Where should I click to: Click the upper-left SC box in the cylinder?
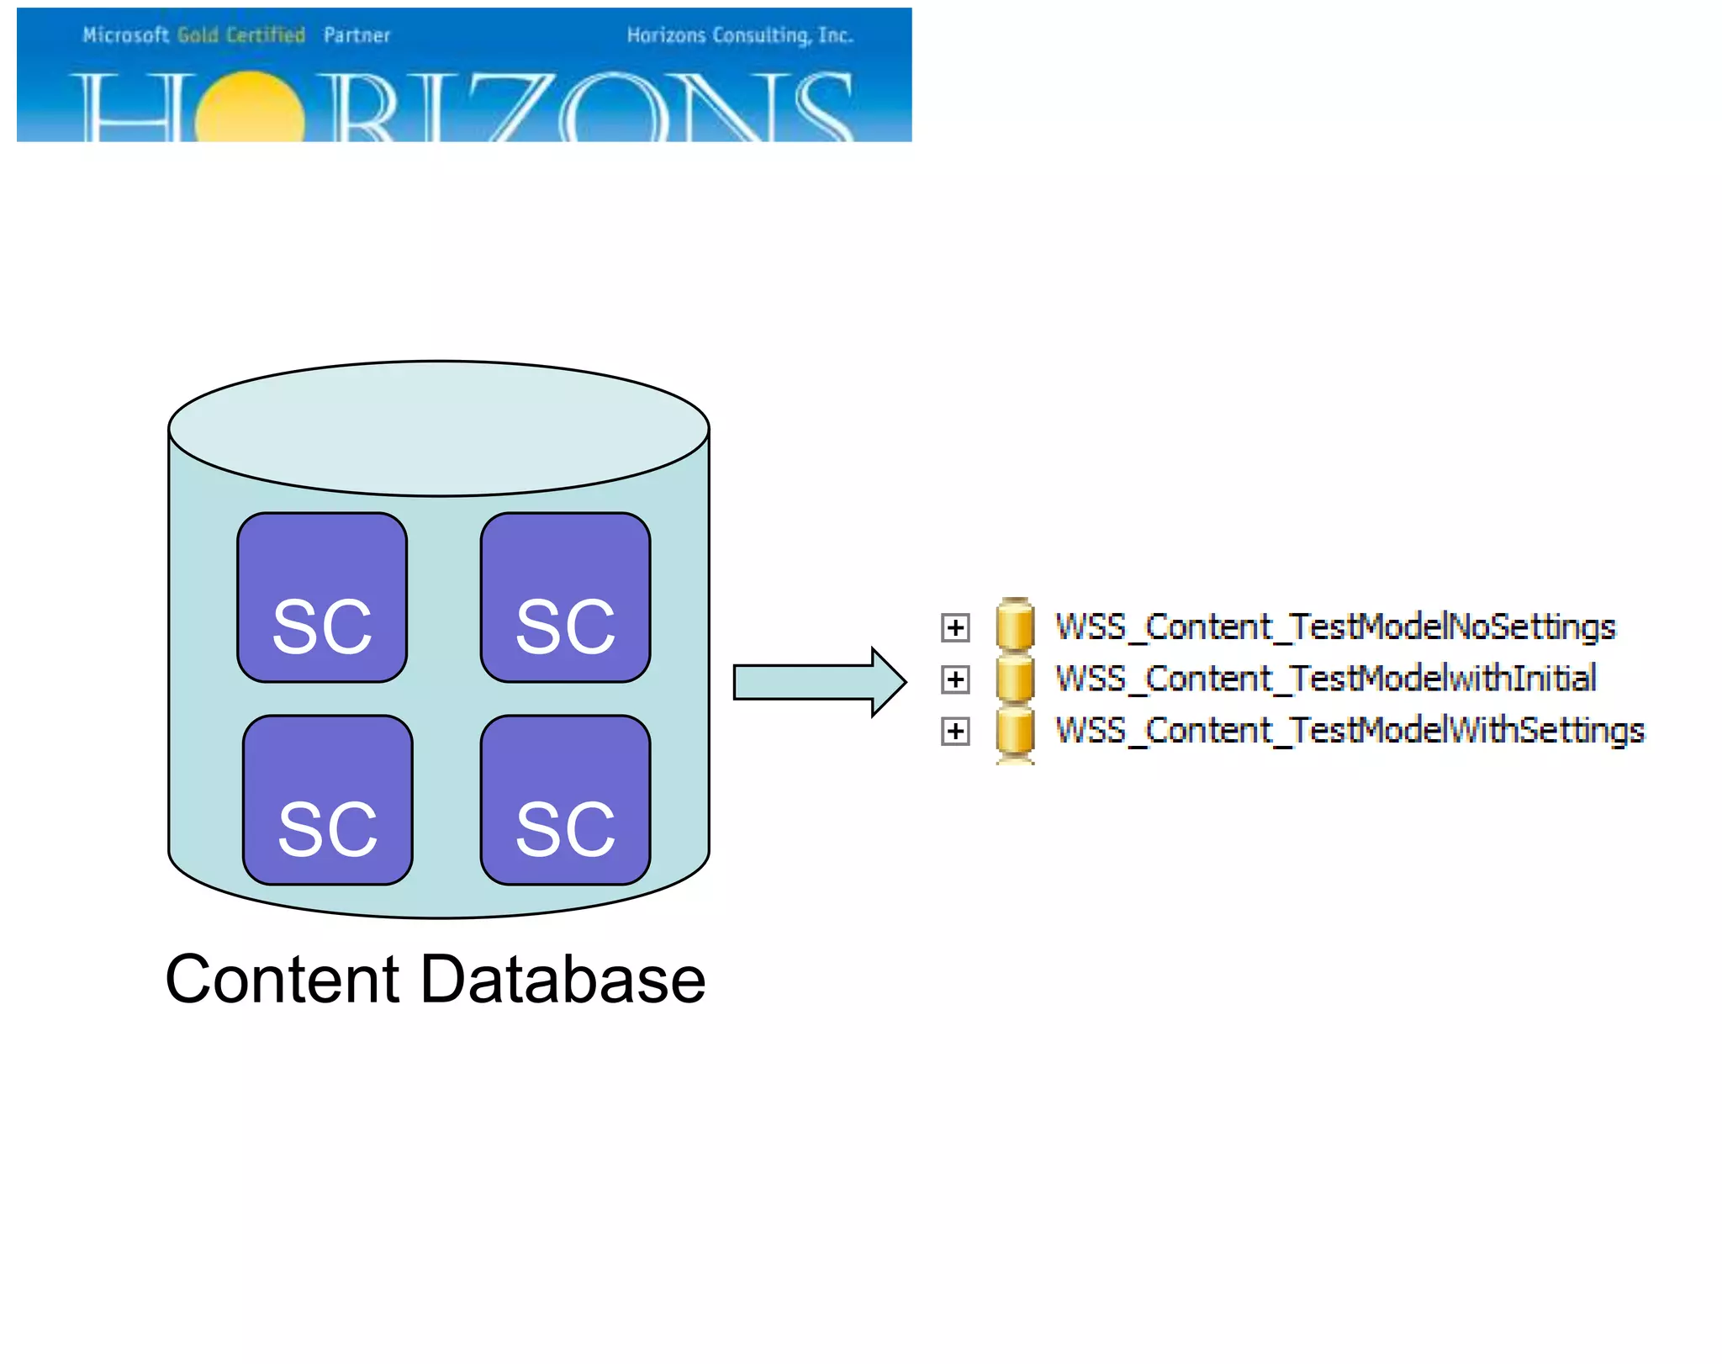(x=322, y=597)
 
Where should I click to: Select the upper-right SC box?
(x=565, y=597)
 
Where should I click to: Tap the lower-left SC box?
(x=327, y=800)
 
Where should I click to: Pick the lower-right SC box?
(x=565, y=800)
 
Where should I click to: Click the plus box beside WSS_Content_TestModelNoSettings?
(x=955, y=627)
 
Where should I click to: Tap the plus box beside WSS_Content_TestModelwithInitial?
(x=955, y=679)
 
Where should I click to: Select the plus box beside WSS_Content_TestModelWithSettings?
(x=955, y=731)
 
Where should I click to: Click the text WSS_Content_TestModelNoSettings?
(x=1335, y=627)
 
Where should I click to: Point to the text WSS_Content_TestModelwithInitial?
(x=1326, y=679)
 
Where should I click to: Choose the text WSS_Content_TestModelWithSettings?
(x=1350, y=730)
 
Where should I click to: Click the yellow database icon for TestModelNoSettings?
(x=1015, y=626)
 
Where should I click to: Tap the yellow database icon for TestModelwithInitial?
(x=1015, y=678)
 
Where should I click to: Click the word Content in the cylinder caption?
(x=282, y=979)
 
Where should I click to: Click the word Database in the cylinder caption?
(x=563, y=979)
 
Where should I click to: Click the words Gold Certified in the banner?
(x=241, y=35)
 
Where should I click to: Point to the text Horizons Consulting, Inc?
(x=740, y=35)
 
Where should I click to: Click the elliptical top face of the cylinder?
(x=438, y=428)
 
